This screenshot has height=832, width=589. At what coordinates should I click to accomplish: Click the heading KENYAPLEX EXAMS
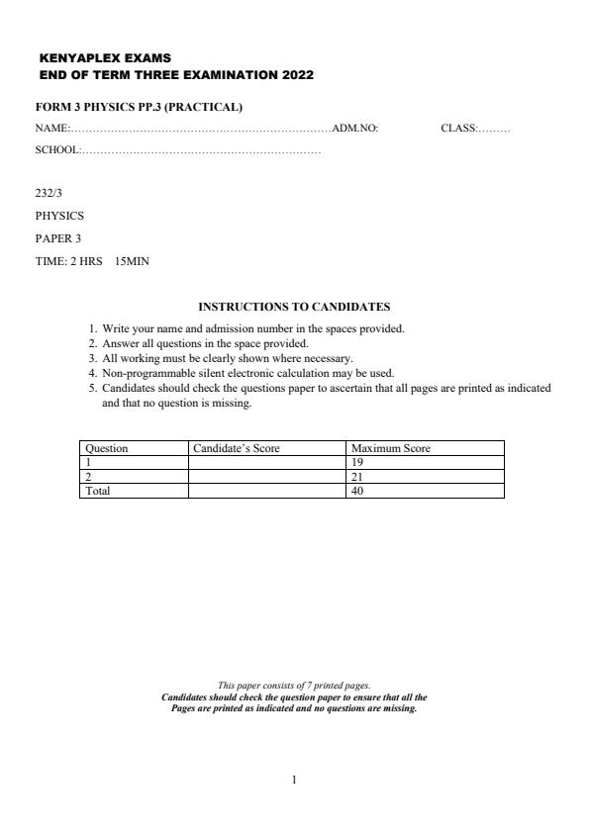(92, 58)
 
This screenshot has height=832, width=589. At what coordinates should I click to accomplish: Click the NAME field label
(50, 128)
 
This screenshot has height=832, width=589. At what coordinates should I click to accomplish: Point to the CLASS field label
(457, 128)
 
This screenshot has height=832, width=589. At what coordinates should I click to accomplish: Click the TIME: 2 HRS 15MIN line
(92, 261)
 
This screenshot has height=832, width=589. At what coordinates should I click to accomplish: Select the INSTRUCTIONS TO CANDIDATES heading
(294, 307)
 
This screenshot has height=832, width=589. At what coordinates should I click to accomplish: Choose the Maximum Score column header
(391, 448)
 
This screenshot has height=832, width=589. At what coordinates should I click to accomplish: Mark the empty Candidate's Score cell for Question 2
(266, 476)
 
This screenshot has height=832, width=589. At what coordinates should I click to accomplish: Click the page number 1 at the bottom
(294, 780)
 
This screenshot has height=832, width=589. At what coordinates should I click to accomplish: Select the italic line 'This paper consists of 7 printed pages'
(294, 685)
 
